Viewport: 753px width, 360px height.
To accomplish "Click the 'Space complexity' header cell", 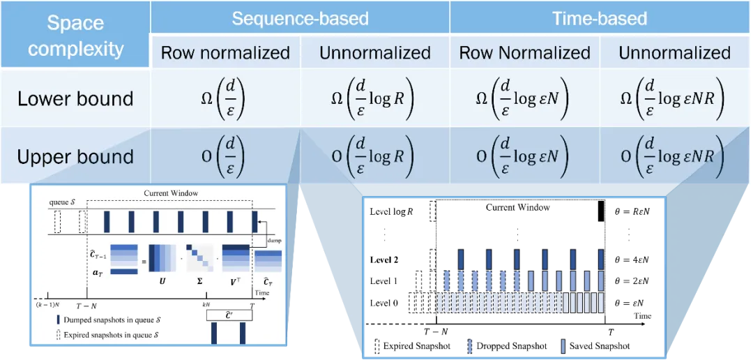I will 75,35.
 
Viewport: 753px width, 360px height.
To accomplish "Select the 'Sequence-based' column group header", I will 300,18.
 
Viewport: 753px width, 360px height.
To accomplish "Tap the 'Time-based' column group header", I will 600,18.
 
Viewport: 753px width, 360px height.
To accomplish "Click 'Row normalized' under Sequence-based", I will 225,53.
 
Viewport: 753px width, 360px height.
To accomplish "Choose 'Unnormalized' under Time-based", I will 674,53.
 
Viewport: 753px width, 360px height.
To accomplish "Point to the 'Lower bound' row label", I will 75,98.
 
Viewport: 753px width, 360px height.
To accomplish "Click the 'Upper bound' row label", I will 75,156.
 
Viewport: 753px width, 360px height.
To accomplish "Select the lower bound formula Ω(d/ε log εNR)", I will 674,98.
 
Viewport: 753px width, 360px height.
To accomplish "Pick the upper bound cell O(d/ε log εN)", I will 524,156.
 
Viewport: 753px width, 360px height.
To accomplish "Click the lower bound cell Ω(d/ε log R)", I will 374,98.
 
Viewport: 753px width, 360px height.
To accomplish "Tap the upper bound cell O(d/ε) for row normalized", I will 225,156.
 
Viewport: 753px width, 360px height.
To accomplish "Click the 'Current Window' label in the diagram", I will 168,193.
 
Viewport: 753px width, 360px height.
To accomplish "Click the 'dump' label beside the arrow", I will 273,239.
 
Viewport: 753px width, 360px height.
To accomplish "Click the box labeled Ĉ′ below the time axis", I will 229,315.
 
